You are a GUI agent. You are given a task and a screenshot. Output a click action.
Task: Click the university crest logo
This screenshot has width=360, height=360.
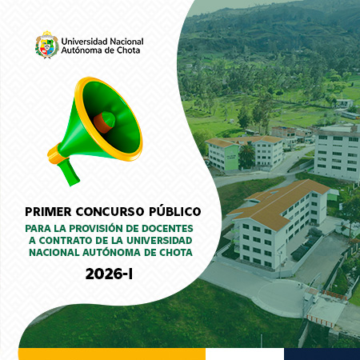[x=46, y=45]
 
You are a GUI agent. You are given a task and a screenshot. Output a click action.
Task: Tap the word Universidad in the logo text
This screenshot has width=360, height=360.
[x=88, y=39]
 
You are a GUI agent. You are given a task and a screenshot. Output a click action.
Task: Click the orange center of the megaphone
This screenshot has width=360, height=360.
[x=103, y=122]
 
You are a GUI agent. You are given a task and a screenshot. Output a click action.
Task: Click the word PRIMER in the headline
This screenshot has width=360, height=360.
[x=47, y=212]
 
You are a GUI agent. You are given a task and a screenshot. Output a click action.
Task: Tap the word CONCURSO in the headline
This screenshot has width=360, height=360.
[x=109, y=212]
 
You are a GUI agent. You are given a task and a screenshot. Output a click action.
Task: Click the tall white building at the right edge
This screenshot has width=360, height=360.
[x=337, y=152]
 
